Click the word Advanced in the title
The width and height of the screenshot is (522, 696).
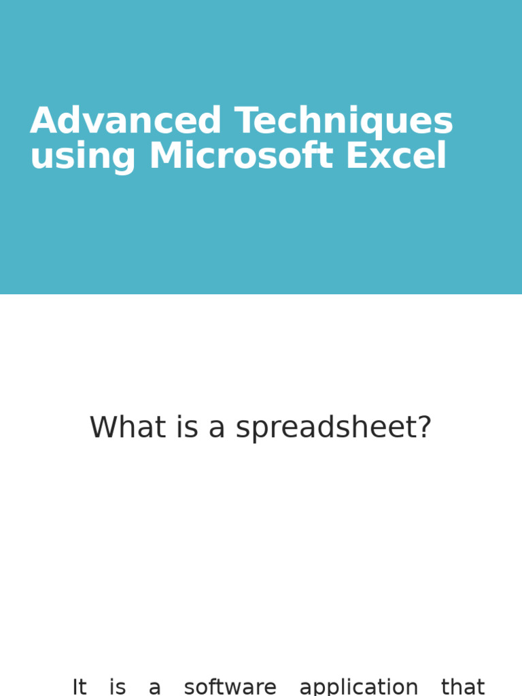click(126, 121)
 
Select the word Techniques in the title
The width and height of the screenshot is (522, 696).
click(344, 121)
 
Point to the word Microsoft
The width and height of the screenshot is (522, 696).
click(241, 156)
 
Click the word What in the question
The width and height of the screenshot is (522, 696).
click(118, 428)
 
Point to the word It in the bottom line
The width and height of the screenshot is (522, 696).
click(80, 687)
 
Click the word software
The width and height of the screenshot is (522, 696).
click(230, 687)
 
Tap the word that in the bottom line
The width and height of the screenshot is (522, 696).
click(463, 687)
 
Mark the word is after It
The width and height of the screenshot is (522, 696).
click(118, 687)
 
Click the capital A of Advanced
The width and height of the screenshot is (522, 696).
click(42, 121)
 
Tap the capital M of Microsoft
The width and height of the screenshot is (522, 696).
click(166, 156)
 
